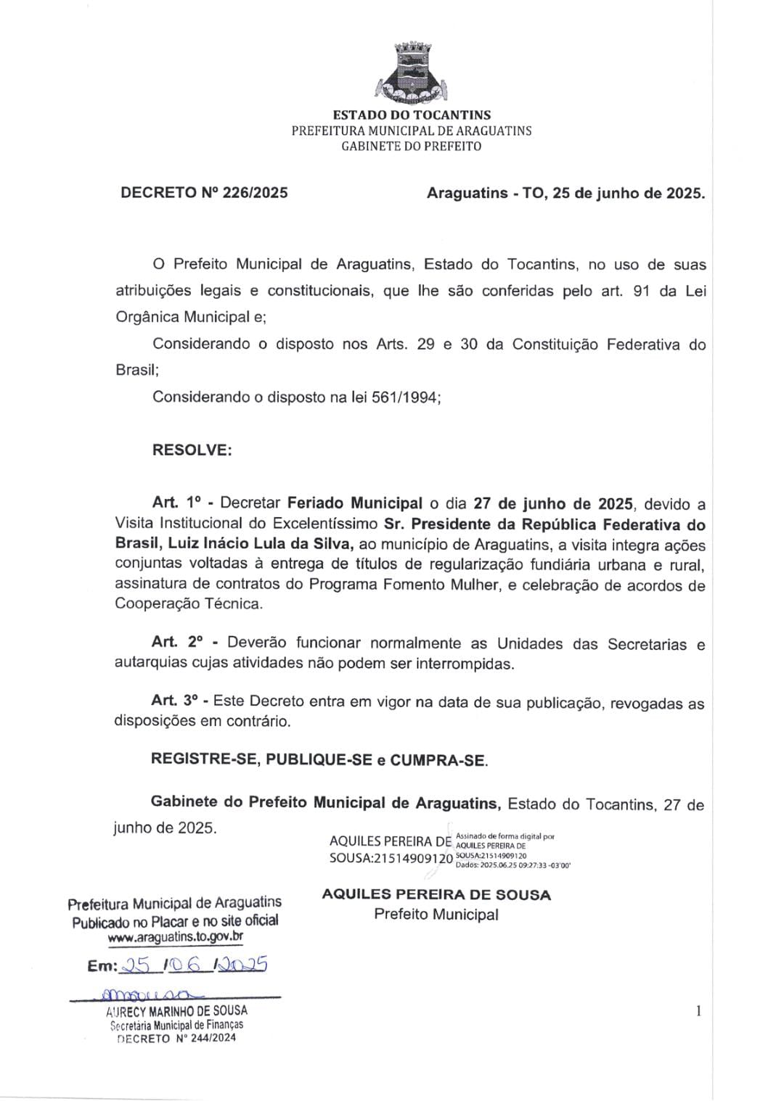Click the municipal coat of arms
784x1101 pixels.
pos(412,73)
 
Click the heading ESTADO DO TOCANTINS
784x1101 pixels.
pos(412,115)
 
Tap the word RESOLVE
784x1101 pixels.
pos(192,450)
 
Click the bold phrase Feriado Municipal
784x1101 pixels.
pos(355,503)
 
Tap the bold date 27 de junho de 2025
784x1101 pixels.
pos(554,503)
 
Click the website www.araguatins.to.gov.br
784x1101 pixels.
pos(175,936)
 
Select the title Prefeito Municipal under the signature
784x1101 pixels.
pos(436,915)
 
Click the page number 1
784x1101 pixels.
pos(698,1011)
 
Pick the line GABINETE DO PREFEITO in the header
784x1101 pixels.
pos(412,147)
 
